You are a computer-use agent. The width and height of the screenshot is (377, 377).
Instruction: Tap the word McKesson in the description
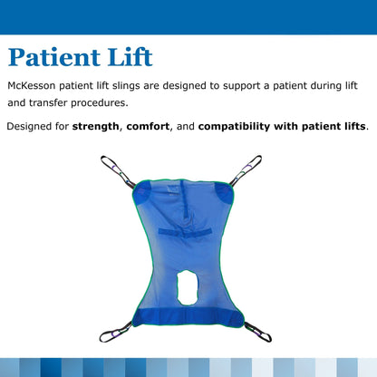click(x=35, y=86)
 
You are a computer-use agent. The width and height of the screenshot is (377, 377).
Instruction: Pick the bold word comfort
click(x=155, y=125)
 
